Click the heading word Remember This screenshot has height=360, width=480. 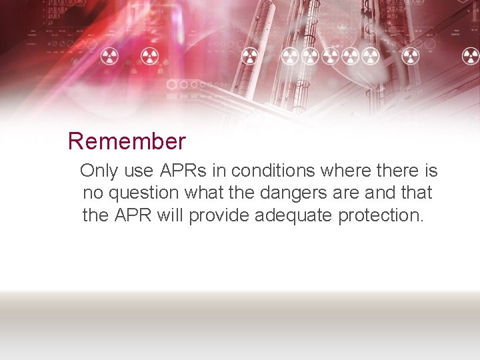pyautogui.click(x=127, y=141)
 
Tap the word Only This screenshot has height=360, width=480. pyautogui.click(x=99, y=171)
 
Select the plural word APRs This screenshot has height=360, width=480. pyautogui.click(x=184, y=171)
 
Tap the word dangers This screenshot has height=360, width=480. pyautogui.click(x=295, y=194)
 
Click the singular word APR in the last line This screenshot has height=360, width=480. pyautogui.click(x=132, y=215)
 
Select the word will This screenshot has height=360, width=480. pyautogui.click(x=171, y=215)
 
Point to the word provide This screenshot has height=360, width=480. pyautogui.click(x=219, y=216)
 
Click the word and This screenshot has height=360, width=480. pyautogui.click(x=381, y=193)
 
